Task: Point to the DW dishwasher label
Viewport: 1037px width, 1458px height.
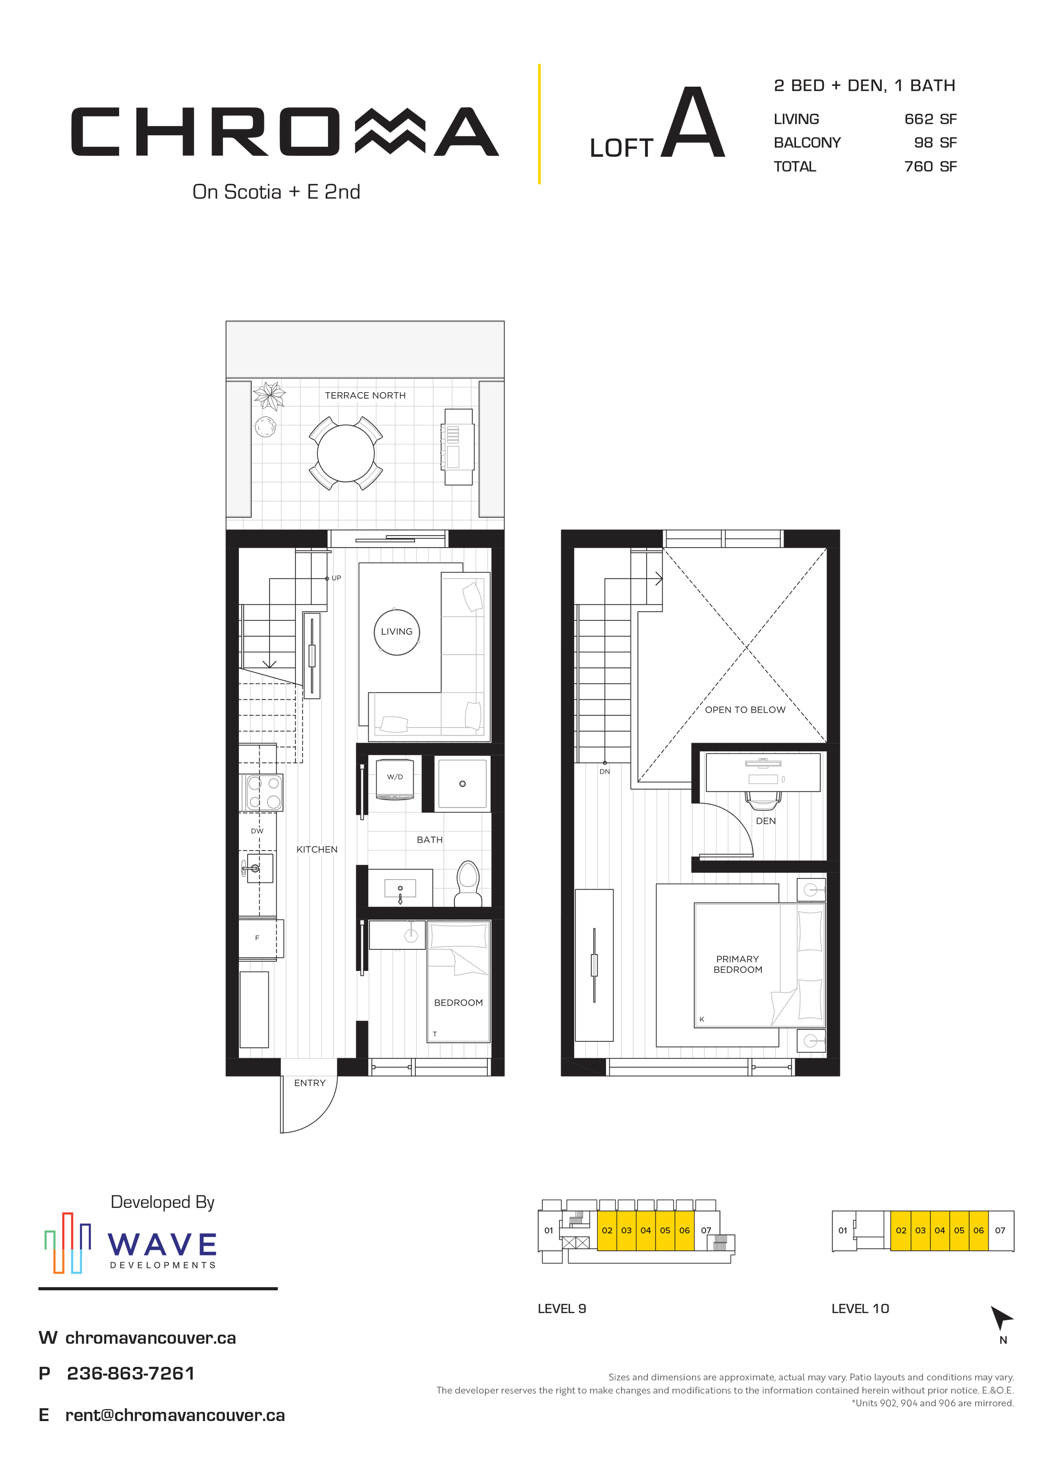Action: coord(257,831)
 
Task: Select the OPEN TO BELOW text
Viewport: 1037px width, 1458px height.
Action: coord(745,709)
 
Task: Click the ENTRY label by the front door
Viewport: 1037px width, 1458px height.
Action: coord(310,1083)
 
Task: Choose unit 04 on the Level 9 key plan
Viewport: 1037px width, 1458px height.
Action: coord(645,1230)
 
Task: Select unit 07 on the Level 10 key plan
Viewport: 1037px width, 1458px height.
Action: coord(1000,1230)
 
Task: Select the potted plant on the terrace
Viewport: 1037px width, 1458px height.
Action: coord(269,395)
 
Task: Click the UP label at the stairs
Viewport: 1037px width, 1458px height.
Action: coord(336,578)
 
